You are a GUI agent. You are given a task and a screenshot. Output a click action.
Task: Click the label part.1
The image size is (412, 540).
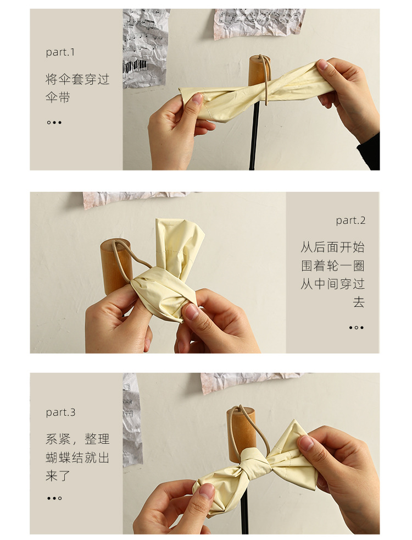60,52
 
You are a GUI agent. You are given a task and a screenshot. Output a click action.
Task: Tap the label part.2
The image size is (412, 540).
350,221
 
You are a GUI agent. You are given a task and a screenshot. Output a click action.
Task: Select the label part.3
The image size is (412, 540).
60,412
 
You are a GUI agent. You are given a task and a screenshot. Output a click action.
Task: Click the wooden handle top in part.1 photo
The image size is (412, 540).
259,70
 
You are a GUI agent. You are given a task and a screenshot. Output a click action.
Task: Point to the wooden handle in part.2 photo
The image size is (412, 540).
116,265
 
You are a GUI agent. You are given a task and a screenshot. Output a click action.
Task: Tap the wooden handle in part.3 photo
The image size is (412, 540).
241,432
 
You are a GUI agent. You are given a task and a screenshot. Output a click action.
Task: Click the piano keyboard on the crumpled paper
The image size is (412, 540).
135,67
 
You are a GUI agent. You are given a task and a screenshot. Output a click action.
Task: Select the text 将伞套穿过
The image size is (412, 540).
77,79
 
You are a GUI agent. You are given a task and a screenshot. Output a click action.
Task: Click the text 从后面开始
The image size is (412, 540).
332,247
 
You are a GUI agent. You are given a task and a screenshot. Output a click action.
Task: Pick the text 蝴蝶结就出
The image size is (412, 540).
77,458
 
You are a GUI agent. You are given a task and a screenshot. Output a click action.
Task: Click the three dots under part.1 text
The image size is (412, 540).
54,122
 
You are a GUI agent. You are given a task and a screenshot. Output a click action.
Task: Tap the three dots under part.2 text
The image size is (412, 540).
357,328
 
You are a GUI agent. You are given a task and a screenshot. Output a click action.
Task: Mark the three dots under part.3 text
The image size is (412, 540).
54,498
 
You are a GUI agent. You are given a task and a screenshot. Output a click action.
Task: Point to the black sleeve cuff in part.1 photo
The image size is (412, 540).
369,152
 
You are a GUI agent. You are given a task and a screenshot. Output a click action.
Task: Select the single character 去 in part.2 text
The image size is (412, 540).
358,302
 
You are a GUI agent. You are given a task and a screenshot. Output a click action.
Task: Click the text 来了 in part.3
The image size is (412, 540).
58,476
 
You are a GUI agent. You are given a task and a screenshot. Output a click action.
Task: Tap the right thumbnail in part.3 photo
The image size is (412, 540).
306,442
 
